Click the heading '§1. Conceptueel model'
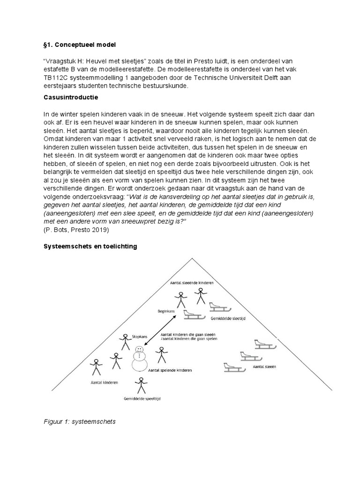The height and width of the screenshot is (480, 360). [79, 45]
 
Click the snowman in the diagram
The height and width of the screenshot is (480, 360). [139, 358]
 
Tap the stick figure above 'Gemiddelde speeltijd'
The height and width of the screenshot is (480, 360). [140, 385]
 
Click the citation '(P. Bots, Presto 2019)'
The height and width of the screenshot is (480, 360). [76, 230]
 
